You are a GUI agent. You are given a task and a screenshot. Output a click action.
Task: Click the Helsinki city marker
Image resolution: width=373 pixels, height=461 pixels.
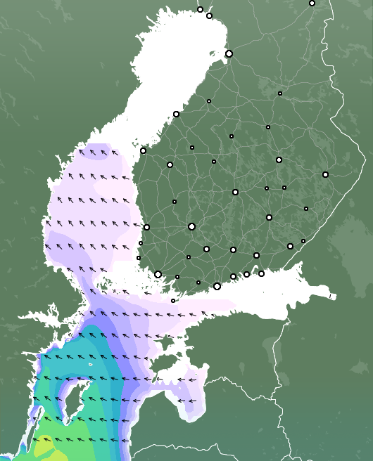[217, 286]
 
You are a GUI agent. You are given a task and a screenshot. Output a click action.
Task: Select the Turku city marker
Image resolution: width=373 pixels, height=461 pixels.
[158, 274]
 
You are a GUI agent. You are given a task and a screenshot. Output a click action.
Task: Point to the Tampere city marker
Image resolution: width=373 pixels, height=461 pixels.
[191, 226]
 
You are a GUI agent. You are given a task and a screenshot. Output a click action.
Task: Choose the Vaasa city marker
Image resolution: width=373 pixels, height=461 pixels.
[143, 150]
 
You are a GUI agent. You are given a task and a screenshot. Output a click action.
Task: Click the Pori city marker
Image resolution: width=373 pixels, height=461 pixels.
[146, 227]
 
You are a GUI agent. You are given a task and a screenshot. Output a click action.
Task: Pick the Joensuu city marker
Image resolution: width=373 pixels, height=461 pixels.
[325, 174]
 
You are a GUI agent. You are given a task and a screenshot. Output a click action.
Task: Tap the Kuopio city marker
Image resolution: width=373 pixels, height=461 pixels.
[279, 160]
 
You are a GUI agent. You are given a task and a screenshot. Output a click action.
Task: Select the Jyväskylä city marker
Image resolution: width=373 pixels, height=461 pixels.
[235, 192]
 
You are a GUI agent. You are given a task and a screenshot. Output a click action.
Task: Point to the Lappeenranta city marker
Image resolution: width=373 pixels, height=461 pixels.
[290, 246]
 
